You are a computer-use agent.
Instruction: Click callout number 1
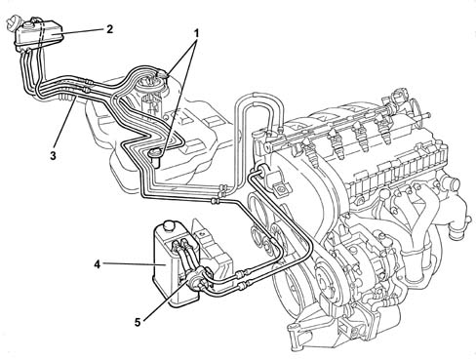coord(196,33)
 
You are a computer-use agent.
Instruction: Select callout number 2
coord(110,29)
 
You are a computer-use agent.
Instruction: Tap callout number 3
coord(53,155)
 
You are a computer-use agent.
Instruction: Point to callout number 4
coord(98,264)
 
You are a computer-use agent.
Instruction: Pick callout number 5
coord(138,322)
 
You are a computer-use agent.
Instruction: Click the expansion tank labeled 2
coord(38,33)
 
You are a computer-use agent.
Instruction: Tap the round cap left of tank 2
coord(13,23)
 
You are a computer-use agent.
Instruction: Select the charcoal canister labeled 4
coord(173,264)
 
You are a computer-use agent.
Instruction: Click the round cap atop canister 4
coord(170,225)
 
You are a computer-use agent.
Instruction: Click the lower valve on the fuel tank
coord(157,155)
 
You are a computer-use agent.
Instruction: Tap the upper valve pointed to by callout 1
coord(162,75)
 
